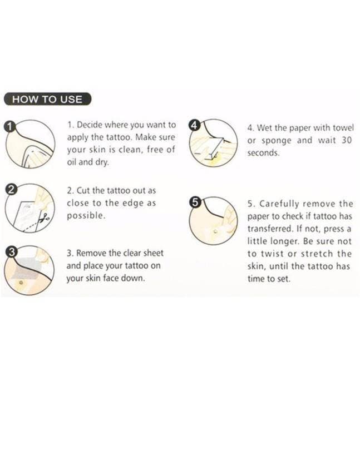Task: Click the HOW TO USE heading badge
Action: point(48,100)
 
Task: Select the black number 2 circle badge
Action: point(11,190)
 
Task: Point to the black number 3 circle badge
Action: point(11,252)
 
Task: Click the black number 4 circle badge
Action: point(194,125)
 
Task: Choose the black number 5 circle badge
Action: point(195,202)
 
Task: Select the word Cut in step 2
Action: point(83,191)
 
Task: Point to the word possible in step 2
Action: point(86,215)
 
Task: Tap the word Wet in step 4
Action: point(264,128)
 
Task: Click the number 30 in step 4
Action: point(347,140)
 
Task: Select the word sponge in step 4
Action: point(277,141)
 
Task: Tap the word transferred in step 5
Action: point(270,229)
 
